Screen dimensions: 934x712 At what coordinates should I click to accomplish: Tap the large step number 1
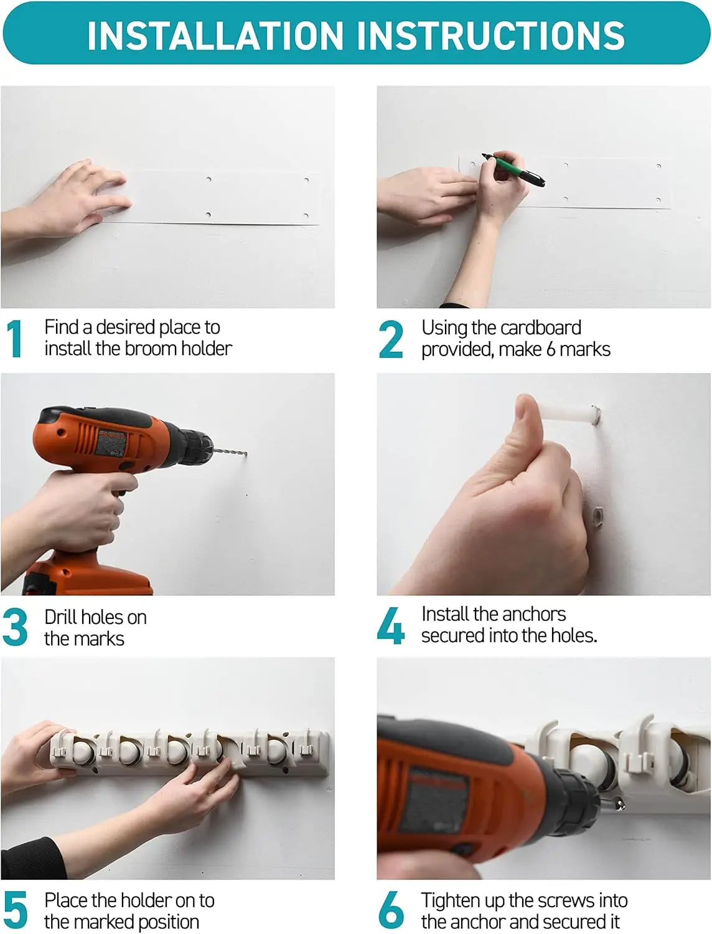point(15,339)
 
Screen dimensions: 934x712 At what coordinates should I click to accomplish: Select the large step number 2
point(391,339)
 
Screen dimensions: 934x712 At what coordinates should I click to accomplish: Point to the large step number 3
point(15,628)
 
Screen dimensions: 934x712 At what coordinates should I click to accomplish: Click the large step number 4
point(391,626)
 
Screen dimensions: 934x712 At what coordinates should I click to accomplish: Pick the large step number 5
point(15,911)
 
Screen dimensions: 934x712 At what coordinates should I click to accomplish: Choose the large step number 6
point(391,911)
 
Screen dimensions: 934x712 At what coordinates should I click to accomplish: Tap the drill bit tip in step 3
point(245,453)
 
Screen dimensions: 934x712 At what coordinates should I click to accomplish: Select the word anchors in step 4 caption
point(537,615)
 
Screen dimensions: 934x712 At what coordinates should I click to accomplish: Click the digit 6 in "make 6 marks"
point(551,349)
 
